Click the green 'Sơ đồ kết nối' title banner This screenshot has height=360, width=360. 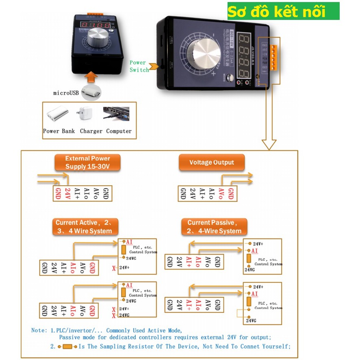click(x=283, y=11)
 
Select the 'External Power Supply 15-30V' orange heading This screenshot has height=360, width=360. click(x=88, y=162)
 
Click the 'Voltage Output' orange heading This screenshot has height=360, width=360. click(x=212, y=162)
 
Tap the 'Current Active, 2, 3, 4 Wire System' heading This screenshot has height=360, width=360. click(x=86, y=226)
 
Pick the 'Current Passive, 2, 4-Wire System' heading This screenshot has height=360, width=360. click(x=214, y=226)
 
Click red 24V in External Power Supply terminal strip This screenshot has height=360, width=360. click(x=68, y=193)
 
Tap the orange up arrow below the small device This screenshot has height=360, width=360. click(x=93, y=76)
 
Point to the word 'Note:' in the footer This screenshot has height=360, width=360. click(x=39, y=330)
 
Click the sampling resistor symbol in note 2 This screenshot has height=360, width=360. click(x=67, y=346)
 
